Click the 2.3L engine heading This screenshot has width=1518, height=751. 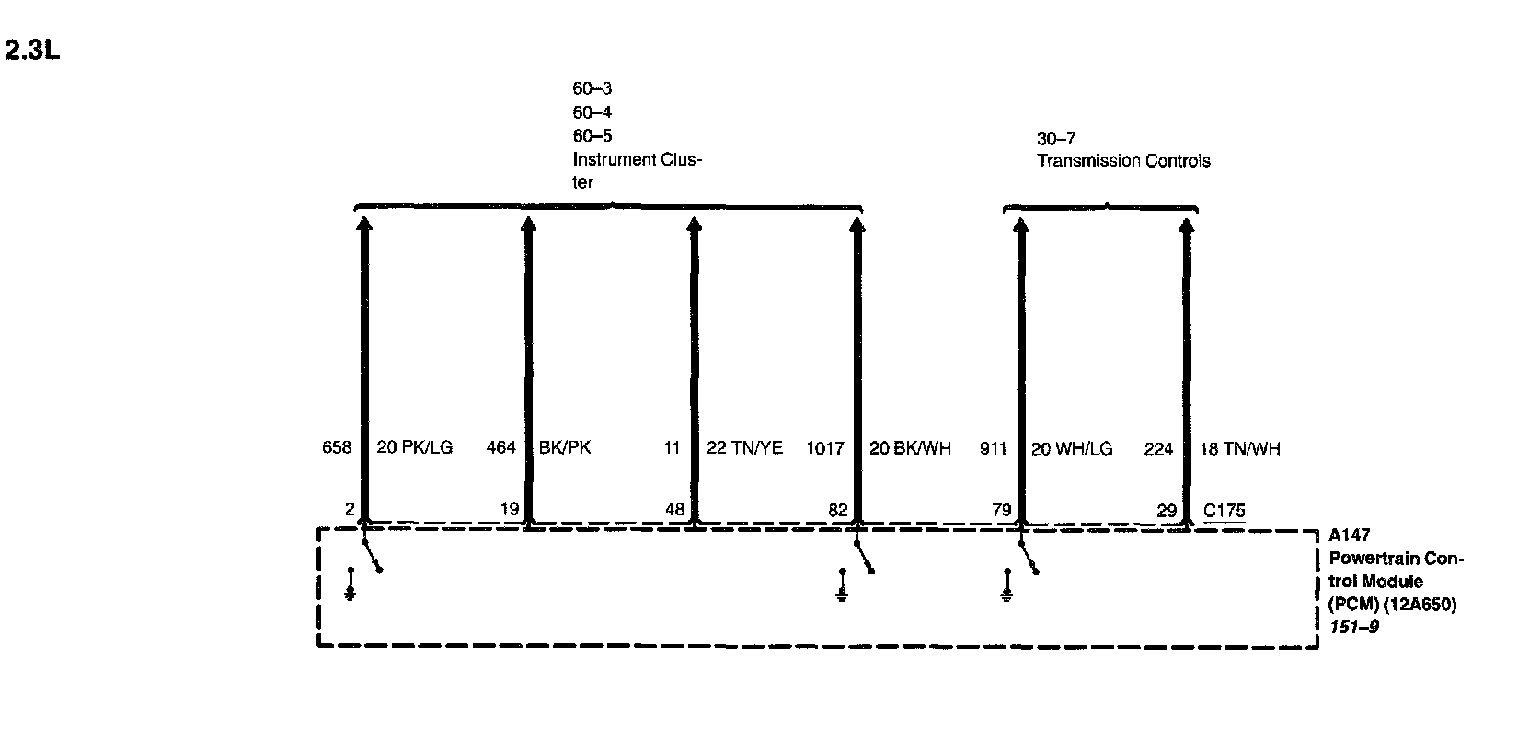point(32,51)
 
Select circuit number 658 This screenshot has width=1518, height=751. point(337,448)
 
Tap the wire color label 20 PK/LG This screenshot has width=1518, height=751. point(415,448)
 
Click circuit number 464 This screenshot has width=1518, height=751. point(500,448)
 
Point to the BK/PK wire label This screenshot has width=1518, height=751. point(565,448)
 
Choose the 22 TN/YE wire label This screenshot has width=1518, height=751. point(744,448)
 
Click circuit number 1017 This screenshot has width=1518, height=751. point(824,448)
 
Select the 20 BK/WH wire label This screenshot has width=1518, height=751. point(910,448)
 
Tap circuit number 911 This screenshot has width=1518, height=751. point(993,448)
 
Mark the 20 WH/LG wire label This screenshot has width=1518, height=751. point(1072,448)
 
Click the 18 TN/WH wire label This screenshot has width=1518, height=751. point(1239,448)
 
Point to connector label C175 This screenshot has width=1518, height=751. point(1225,511)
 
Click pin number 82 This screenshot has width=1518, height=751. point(838,511)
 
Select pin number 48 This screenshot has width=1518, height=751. point(674,511)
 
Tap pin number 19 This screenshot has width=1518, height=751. point(510,511)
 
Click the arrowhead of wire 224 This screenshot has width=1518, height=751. point(1187,225)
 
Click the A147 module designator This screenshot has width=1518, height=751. point(1348,536)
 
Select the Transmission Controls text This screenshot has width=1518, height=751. point(1123,161)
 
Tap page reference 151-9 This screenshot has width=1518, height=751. point(1352,627)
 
